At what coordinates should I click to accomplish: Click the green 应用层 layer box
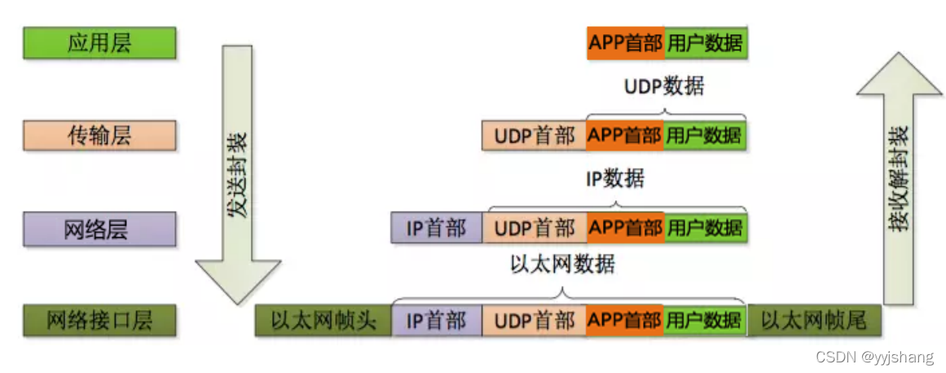(x=99, y=43)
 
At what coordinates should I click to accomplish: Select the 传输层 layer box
(x=99, y=135)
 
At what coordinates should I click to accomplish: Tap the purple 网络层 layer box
(x=99, y=229)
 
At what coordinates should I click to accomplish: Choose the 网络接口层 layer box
(x=99, y=320)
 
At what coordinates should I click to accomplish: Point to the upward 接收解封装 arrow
(x=901, y=187)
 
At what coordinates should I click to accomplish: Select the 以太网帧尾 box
(x=811, y=321)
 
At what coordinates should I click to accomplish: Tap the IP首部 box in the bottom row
(x=437, y=321)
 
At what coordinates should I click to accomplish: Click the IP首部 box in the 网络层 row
(x=437, y=229)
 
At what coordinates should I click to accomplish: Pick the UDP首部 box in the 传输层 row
(x=534, y=136)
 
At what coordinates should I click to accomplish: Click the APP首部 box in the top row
(x=625, y=43)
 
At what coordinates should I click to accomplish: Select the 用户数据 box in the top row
(x=705, y=43)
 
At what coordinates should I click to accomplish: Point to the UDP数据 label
(x=664, y=86)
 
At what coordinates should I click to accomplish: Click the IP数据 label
(x=615, y=178)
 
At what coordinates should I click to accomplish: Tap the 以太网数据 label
(x=562, y=265)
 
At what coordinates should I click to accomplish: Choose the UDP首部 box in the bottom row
(x=534, y=321)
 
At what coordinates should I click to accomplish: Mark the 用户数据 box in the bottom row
(x=705, y=321)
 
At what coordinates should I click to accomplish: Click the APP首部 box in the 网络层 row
(x=625, y=229)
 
